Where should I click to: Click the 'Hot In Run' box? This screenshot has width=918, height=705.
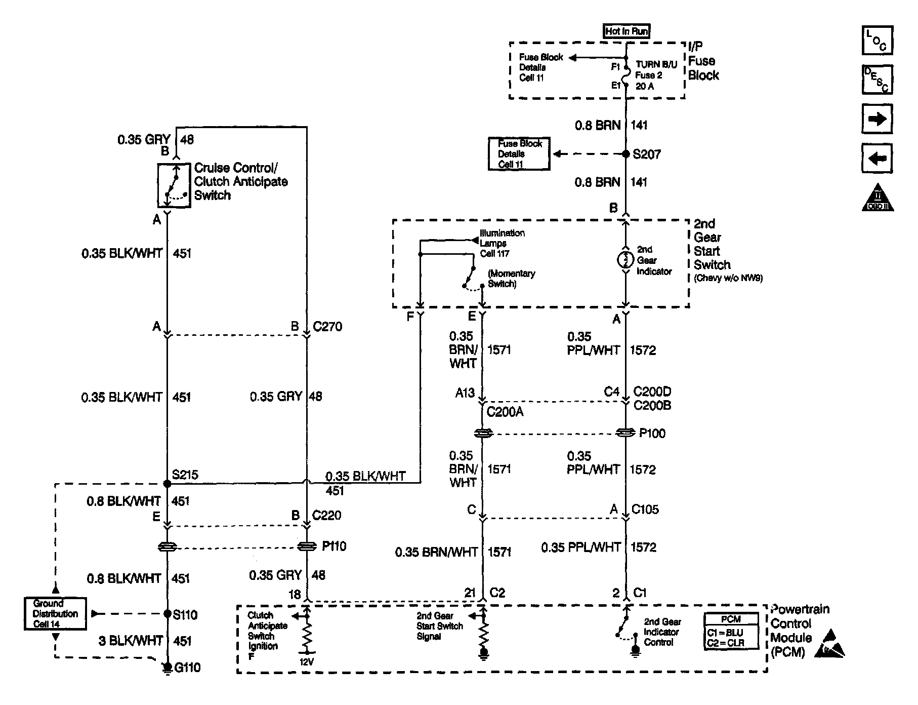(x=626, y=31)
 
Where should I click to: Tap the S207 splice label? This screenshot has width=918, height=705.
(x=647, y=154)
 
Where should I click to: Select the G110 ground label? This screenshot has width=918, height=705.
(x=187, y=668)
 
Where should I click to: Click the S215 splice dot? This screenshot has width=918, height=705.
(x=168, y=483)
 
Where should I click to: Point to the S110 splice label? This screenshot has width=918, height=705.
(x=185, y=614)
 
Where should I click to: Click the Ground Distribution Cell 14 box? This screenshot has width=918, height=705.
(x=55, y=614)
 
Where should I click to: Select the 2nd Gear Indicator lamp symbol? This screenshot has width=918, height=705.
(x=625, y=260)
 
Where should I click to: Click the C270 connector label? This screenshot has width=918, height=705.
(x=327, y=327)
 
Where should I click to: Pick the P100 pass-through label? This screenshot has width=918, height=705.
(x=652, y=433)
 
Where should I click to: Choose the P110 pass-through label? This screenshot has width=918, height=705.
(x=334, y=546)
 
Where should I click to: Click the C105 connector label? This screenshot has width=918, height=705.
(x=645, y=510)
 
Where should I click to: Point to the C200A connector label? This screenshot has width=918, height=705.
(x=505, y=412)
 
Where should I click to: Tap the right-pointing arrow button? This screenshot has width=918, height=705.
(x=877, y=119)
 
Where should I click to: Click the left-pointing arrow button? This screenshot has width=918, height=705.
(x=877, y=159)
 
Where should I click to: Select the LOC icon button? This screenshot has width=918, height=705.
(x=877, y=41)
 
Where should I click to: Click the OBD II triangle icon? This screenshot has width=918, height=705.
(x=877, y=199)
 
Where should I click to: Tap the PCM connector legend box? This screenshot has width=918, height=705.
(x=731, y=632)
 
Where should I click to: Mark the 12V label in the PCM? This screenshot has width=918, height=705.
(x=306, y=661)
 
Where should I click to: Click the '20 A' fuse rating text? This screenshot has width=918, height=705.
(x=645, y=86)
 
